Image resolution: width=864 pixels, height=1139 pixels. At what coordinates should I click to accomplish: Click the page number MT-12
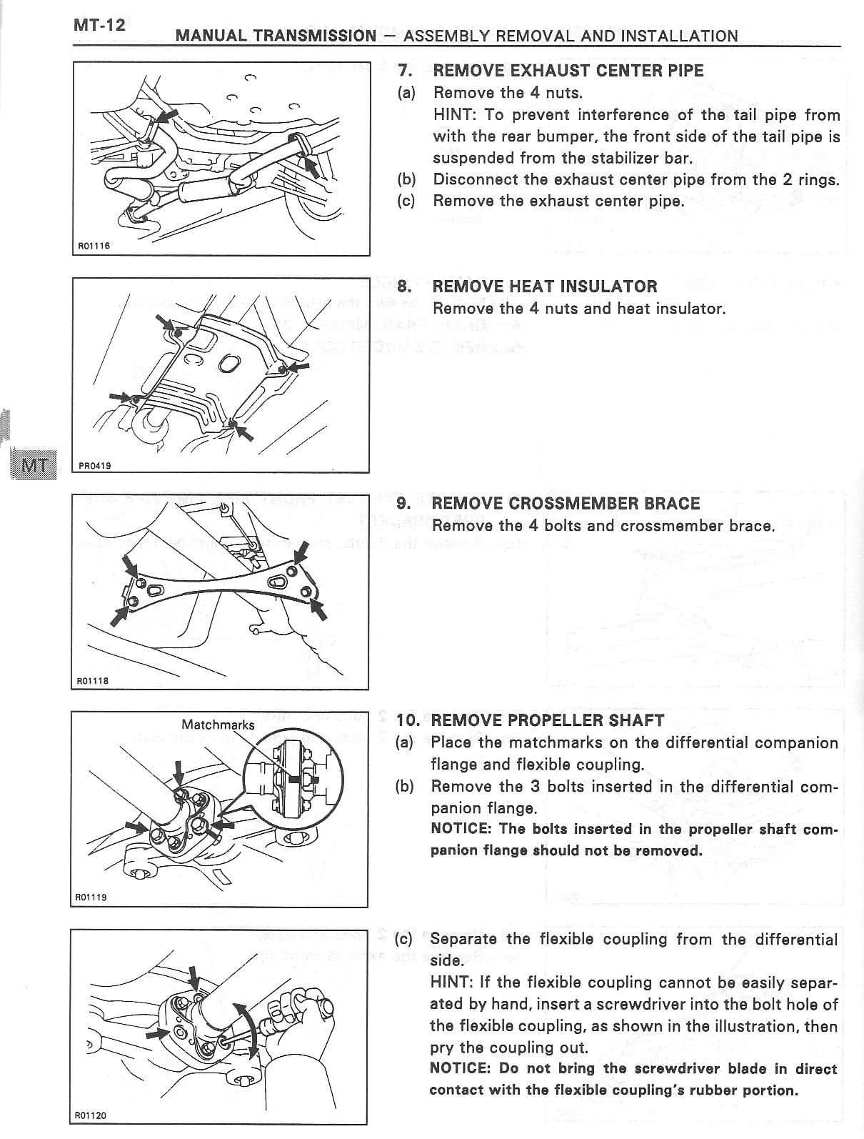tap(99, 25)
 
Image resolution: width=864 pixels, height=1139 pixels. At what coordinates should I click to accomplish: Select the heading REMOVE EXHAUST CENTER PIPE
tap(568, 71)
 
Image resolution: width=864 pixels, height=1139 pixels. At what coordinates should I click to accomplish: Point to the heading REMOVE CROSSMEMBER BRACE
tap(566, 503)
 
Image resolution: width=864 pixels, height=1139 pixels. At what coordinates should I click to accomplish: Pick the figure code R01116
tap(94, 247)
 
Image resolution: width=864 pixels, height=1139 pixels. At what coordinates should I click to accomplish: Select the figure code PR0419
tap(94, 464)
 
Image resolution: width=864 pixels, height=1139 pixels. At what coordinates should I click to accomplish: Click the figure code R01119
tap(91, 897)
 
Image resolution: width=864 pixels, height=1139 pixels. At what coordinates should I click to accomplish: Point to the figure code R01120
tap(91, 1115)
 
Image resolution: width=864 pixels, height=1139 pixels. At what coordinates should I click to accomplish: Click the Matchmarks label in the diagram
tap(218, 725)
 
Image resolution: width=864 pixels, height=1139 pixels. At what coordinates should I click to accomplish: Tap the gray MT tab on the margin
tap(34, 465)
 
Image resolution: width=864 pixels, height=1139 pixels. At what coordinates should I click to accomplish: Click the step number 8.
tap(404, 287)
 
